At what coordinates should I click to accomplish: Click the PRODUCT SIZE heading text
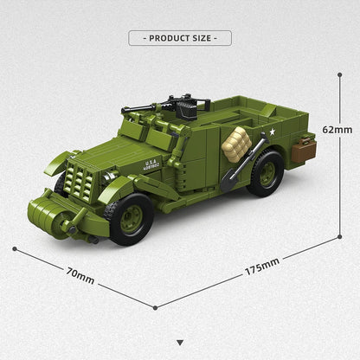180,38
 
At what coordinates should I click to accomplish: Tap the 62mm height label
337,130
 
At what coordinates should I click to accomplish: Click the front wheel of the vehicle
131,217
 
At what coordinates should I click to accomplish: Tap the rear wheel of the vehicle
265,173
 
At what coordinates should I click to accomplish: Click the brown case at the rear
303,150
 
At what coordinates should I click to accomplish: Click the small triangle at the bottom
180,343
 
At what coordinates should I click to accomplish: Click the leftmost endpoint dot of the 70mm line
14,248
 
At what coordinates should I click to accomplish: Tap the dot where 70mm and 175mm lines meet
156,306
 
